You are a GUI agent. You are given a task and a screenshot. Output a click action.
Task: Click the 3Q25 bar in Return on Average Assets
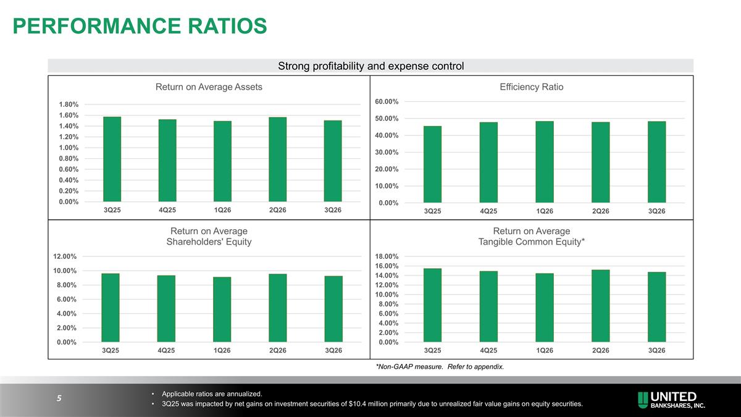pos(112,159)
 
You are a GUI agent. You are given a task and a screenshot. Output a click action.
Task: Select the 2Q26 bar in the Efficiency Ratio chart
pos(600,162)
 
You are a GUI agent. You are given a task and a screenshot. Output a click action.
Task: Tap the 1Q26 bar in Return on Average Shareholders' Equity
pos(222,310)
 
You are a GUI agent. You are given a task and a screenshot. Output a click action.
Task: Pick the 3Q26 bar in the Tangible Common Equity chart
pos(656,307)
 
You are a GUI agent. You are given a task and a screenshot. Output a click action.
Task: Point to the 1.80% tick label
pos(69,104)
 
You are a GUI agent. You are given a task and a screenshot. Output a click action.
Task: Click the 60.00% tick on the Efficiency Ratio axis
pos(387,101)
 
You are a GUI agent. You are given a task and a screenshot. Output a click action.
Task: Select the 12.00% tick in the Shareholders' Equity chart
pos(65,256)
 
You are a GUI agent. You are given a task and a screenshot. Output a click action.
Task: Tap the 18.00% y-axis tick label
pos(387,256)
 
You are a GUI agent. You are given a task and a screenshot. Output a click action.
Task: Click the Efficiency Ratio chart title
pos(532,87)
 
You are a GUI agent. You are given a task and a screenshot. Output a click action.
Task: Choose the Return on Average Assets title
pos(209,87)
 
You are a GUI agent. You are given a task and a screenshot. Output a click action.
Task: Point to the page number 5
pos(59,398)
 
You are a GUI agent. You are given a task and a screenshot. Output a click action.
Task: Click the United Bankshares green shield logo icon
pos(643,400)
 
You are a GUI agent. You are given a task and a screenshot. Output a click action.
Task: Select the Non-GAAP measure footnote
pos(440,367)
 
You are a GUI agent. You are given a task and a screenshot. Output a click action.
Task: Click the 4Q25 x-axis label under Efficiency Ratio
pos(488,211)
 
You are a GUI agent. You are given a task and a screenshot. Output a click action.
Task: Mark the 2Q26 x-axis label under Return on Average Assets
pos(277,210)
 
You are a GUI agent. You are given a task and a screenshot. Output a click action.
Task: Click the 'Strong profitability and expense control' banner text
pos(371,66)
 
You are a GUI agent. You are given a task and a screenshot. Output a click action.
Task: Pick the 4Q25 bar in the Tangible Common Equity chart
pos(488,306)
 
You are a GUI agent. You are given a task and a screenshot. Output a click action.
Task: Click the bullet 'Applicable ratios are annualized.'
pos(212,394)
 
